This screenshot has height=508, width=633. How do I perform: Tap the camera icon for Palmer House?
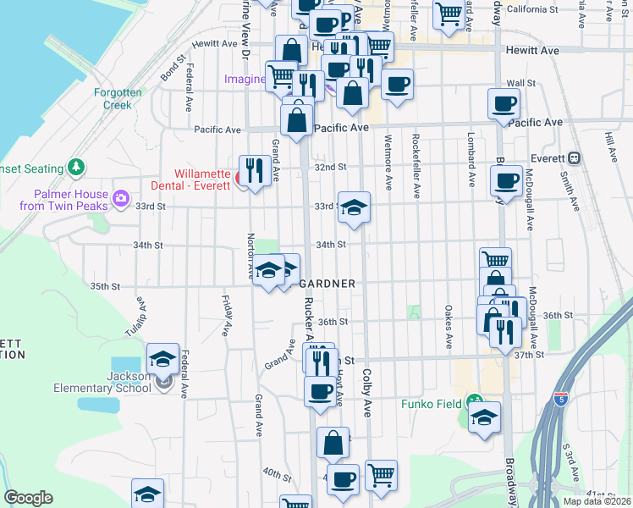click(120, 199)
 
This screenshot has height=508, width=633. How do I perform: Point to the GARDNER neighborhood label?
click(328, 284)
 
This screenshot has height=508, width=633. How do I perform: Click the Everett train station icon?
click(575, 157)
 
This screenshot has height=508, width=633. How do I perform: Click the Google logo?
click(28, 498)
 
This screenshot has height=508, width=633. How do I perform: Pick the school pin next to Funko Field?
click(484, 417)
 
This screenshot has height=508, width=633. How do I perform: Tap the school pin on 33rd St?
click(354, 207)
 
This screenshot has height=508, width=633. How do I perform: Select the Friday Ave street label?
click(227, 313)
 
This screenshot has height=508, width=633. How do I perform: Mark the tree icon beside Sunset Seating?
click(77, 165)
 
